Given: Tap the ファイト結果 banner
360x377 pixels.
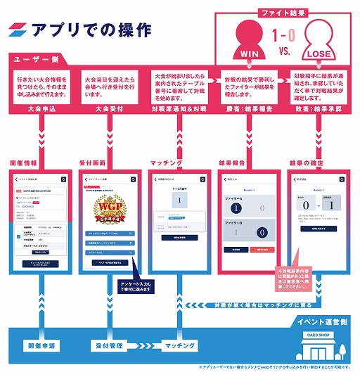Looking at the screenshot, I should pos(283,12).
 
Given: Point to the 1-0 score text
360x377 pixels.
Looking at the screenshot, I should pos(283,33).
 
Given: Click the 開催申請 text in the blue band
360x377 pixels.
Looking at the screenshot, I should pos(43,346).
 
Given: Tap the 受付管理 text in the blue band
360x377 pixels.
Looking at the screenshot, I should pos(108,346).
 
